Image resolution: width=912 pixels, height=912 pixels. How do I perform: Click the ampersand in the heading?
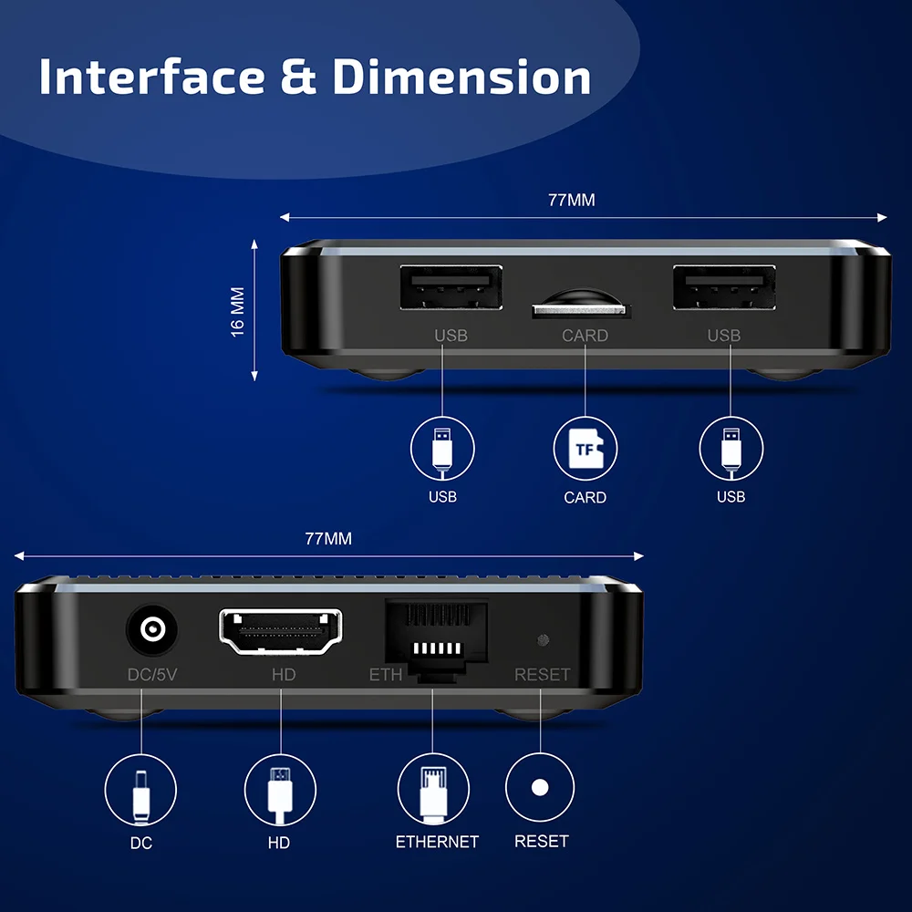click(x=297, y=78)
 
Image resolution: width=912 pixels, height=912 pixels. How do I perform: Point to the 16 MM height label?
click(x=238, y=312)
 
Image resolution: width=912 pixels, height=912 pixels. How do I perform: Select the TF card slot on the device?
click(x=581, y=309)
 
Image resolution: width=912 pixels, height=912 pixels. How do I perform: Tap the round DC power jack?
click(x=150, y=630)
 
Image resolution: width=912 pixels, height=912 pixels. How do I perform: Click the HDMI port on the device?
click(x=281, y=632)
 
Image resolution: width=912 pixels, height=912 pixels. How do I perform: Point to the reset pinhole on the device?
click(x=543, y=639)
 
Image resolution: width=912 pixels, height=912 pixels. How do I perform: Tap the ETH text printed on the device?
click(x=385, y=676)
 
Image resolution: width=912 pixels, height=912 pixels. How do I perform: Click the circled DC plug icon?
click(x=140, y=790)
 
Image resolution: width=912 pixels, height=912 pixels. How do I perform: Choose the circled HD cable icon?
click(x=280, y=790)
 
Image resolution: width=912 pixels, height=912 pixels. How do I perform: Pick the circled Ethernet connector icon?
click(x=434, y=790)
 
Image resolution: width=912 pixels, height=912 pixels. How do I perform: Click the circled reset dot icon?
click(x=541, y=786)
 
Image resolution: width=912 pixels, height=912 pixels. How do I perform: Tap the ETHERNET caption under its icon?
click(x=437, y=842)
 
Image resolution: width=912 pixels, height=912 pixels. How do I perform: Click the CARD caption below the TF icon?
click(x=585, y=497)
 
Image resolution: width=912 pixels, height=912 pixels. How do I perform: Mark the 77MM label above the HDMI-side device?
click(x=328, y=539)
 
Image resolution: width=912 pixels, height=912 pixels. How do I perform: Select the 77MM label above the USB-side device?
click(x=572, y=200)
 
